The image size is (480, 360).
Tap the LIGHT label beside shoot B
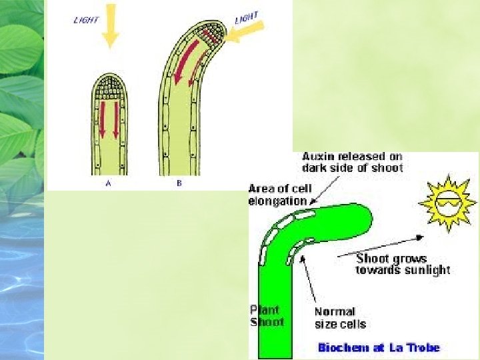point(246,18)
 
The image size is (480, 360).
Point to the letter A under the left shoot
point(109,183)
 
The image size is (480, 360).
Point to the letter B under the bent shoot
point(179,183)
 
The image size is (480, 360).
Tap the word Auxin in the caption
point(319,157)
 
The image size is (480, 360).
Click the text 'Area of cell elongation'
point(278,194)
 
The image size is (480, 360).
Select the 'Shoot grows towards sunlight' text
point(403,264)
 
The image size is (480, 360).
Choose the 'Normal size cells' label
point(340,318)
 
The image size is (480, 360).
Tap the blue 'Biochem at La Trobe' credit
point(379,347)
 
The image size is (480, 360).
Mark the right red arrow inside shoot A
point(117,120)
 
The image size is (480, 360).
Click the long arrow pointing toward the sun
point(381,247)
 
